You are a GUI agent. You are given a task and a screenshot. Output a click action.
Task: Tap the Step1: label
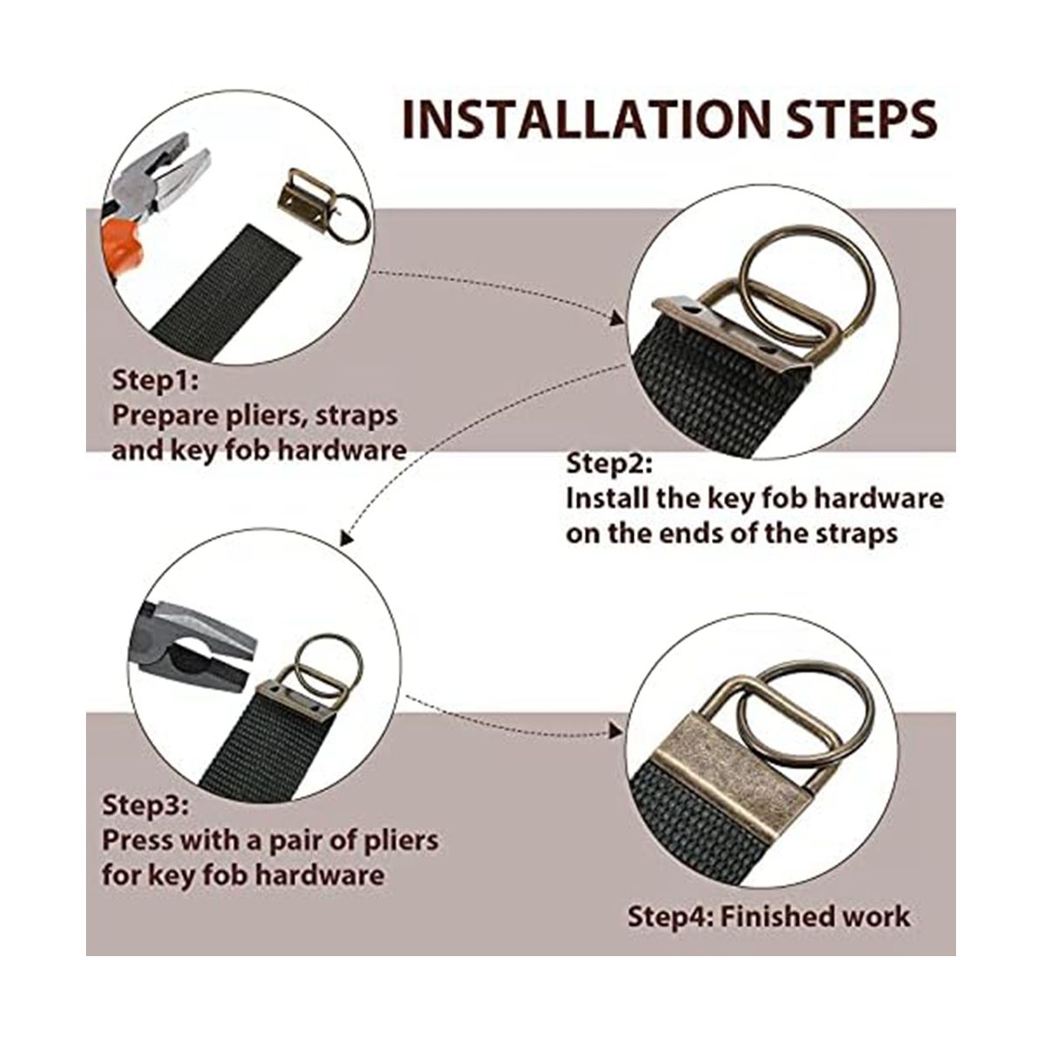tap(156, 381)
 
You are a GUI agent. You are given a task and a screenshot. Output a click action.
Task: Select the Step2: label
tap(609, 464)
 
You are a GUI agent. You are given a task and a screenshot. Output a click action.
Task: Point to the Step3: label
tap(146, 805)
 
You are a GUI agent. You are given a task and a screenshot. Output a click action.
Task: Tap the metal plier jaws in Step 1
tap(163, 182)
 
